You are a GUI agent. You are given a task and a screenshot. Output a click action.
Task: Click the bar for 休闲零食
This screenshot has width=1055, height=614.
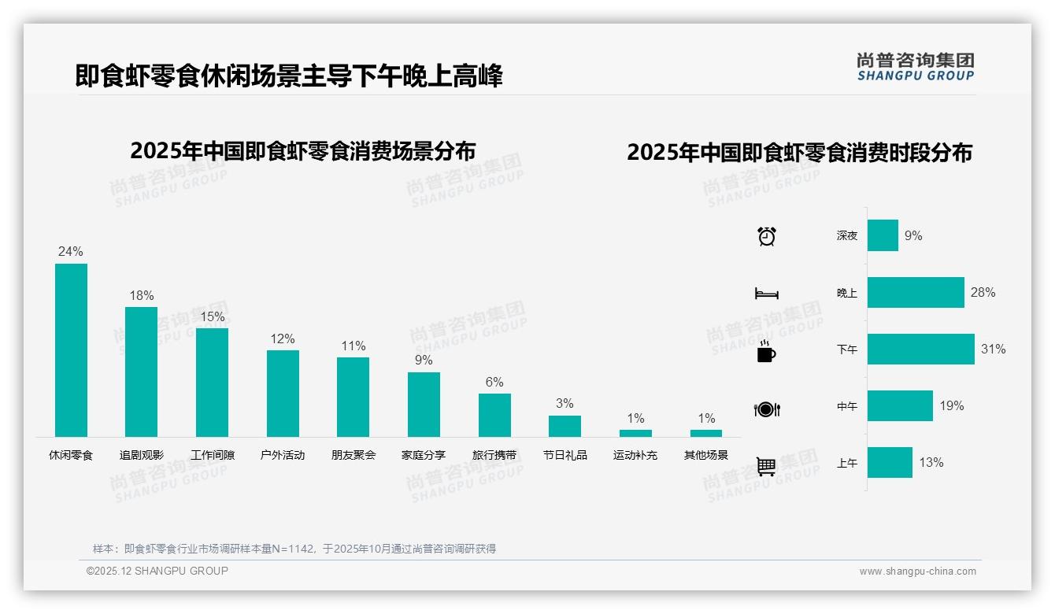(71, 350)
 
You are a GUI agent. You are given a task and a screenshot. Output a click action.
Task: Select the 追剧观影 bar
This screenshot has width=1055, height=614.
(142, 372)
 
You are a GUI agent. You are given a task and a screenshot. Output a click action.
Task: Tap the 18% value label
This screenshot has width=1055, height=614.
(142, 296)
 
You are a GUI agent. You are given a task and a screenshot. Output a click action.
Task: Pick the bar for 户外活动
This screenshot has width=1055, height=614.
(283, 394)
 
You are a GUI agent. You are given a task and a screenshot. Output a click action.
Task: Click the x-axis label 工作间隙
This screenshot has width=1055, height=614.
(213, 455)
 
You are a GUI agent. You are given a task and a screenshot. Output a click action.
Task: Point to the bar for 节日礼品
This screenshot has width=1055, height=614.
(565, 426)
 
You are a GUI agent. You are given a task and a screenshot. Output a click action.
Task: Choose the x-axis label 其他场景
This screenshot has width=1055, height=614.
(706, 455)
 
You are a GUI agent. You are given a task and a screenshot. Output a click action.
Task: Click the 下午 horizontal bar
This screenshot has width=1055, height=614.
(920, 349)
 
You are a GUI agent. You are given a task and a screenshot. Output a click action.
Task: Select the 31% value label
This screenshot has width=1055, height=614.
(993, 349)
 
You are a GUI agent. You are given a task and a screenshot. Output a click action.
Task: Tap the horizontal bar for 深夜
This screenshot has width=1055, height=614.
(883, 235)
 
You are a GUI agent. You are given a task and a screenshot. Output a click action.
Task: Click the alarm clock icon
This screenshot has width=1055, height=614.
(766, 236)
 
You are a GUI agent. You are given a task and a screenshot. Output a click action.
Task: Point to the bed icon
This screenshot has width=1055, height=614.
(766, 294)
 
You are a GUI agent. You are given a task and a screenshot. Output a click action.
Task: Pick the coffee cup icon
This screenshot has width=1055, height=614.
(766, 351)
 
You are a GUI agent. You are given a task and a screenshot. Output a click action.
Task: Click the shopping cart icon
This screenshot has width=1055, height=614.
(766, 466)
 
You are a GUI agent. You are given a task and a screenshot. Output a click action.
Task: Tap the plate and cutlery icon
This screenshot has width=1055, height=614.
(766, 409)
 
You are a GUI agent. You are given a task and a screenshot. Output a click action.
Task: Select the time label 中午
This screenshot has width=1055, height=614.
(847, 406)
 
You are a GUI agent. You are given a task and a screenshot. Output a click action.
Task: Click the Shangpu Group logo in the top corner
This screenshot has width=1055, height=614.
(915, 66)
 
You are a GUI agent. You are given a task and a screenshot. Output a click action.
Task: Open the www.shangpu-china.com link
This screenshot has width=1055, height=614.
(917, 571)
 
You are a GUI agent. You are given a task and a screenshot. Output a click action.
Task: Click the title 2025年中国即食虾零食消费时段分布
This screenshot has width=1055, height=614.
(799, 152)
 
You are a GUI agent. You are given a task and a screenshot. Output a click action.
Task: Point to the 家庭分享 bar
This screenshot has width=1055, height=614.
(424, 405)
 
